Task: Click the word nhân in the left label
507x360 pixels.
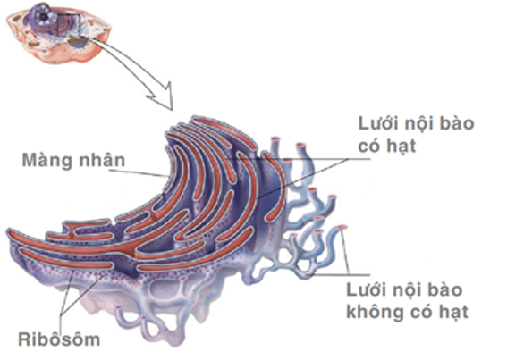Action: (104, 162)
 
